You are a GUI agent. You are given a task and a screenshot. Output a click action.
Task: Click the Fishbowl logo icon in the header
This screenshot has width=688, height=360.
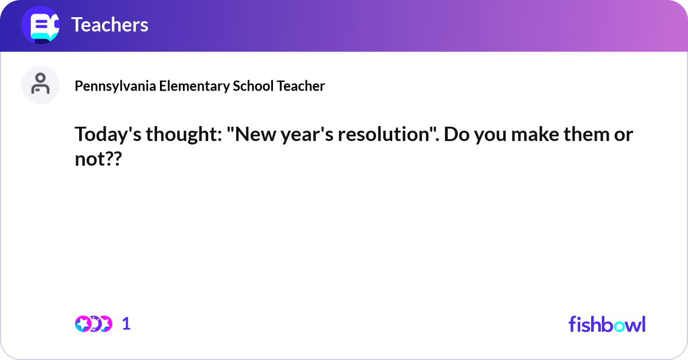(40, 25)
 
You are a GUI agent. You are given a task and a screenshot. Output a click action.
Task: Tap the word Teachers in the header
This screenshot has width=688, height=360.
(110, 25)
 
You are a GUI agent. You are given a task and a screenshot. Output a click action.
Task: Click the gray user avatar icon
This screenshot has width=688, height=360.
(40, 85)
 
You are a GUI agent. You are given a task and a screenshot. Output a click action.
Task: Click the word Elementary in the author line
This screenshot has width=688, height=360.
(194, 86)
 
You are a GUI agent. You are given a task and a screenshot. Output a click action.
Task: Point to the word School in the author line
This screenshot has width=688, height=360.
(253, 86)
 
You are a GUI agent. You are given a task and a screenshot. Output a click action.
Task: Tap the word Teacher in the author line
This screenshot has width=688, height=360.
(301, 86)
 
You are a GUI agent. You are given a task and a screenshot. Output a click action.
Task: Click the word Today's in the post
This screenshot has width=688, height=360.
(107, 135)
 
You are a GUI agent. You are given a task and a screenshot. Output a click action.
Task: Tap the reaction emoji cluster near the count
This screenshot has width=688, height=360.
(93, 324)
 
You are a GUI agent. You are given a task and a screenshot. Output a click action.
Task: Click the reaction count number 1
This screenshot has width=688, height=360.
(126, 324)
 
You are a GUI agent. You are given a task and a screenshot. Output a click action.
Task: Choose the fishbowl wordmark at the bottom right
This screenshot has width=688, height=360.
(607, 324)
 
